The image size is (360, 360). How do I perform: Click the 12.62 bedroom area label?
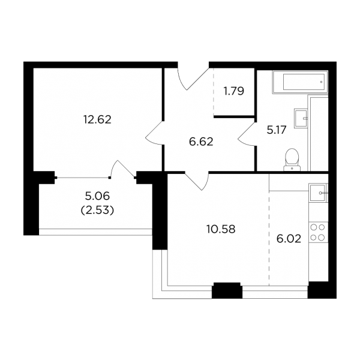(97, 119)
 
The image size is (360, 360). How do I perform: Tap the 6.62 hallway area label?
(201, 142)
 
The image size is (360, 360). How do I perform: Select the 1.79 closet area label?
(234, 91)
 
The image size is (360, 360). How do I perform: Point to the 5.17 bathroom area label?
(277, 130)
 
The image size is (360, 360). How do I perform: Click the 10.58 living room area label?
(221, 229)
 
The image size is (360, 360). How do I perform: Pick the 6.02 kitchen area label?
(289, 239)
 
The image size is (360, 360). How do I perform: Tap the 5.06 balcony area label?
(97, 196)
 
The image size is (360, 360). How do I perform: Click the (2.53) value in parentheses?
(97, 210)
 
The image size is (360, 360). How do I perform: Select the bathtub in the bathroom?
(300, 82)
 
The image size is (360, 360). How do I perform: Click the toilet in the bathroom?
(292, 160)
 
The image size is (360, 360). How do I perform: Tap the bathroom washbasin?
(301, 118)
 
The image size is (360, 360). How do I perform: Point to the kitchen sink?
(318, 193)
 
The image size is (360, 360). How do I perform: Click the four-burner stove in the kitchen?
(318, 232)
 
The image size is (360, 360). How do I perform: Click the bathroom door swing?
(246, 134)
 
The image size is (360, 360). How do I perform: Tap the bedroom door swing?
(154, 133)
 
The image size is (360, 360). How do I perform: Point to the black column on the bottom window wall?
(227, 290)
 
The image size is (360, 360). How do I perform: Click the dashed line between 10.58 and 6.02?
(269, 238)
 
